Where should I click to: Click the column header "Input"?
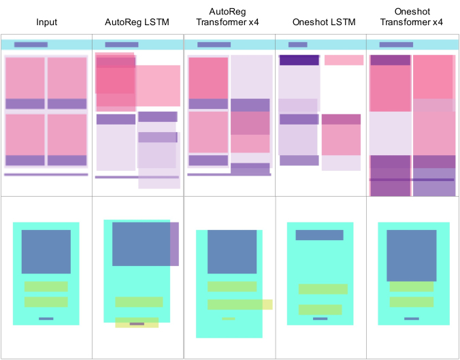click(x=46, y=22)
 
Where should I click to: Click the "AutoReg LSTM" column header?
click(x=137, y=22)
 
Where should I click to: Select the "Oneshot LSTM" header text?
click(x=324, y=22)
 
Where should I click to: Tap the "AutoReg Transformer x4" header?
click(x=228, y=17)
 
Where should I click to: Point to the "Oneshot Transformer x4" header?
click(x=412, y=17)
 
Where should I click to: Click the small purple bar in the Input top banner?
click(x=31, y=45)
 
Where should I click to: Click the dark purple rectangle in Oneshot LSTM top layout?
click(x=299, y=60)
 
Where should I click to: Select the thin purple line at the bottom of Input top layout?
click(x=46, y=175)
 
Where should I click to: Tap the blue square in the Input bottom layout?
click(x=46, y=252)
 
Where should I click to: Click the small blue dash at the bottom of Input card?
click(x=46, y=318)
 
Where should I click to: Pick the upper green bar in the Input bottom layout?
click(x=46, y=287)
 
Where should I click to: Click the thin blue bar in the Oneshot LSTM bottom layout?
click(x=319, y=235)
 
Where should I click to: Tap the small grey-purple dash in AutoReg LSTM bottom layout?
click(x=137, y=324)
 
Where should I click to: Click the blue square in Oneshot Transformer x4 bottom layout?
click(x=412, y=256)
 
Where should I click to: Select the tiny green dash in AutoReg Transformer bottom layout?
click(x=229, y=318)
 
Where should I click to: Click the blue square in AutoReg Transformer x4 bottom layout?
click(x=232, y=252)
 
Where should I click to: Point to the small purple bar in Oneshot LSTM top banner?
click(x=298, y=45)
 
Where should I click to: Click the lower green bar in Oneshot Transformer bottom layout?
click(x=412, y=302)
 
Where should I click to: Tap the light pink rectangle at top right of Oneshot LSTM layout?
click(x=344, y=60)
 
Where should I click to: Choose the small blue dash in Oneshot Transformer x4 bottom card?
click(x=412, y=318)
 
